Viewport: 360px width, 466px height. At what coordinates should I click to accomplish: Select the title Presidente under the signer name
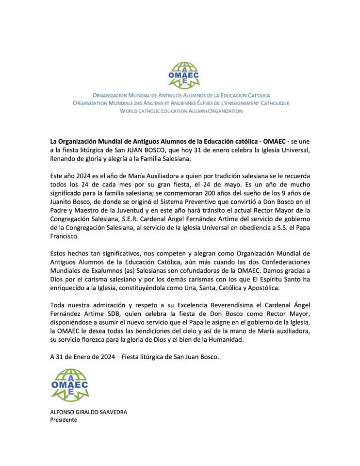pos(64,420)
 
